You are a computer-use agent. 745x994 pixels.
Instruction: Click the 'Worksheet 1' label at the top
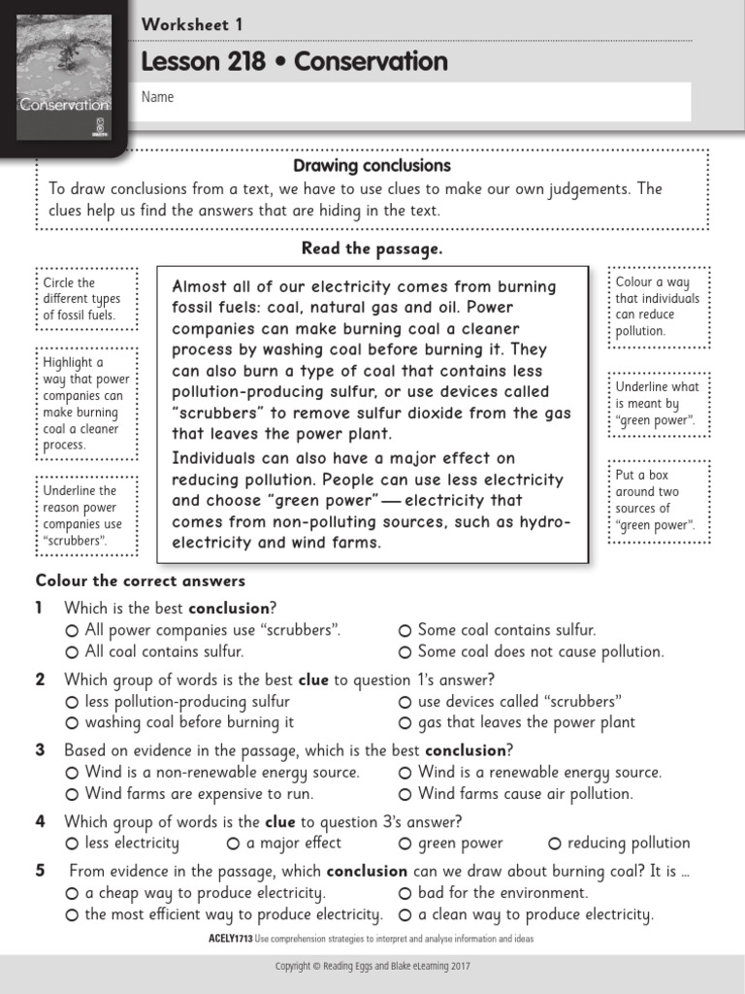(x=191, y=25)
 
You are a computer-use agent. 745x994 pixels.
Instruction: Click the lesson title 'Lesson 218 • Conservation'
(x=294, y=62)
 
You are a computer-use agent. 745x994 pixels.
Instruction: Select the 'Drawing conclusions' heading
(x=372, y=166)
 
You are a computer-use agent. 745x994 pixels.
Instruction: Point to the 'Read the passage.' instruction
(x=372, y=248)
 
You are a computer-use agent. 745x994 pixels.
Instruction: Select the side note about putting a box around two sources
(x=657, y=500)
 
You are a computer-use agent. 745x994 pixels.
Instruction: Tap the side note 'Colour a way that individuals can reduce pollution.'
(x=657, y=307)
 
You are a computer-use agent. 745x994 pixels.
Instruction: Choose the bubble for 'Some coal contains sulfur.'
(x=405, y=631)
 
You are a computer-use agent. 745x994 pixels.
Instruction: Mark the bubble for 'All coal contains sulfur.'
(x=72, y=652)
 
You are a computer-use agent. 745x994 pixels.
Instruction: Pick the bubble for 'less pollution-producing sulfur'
(x=72, y=702)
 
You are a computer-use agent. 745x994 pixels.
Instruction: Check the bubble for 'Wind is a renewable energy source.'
(x=405, y=773)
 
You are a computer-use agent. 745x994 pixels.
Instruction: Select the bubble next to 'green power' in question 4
(x=405, y=844)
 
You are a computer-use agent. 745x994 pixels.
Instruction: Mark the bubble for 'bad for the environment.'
(x=405, y=893)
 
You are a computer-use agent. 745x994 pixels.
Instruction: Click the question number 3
(x=41, y=750)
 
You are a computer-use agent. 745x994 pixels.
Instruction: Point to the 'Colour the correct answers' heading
(x=141, y=581)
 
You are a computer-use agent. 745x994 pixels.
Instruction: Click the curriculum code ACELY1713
(x=230, y=939)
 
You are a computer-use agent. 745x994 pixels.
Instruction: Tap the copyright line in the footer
(x=372, y=966)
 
